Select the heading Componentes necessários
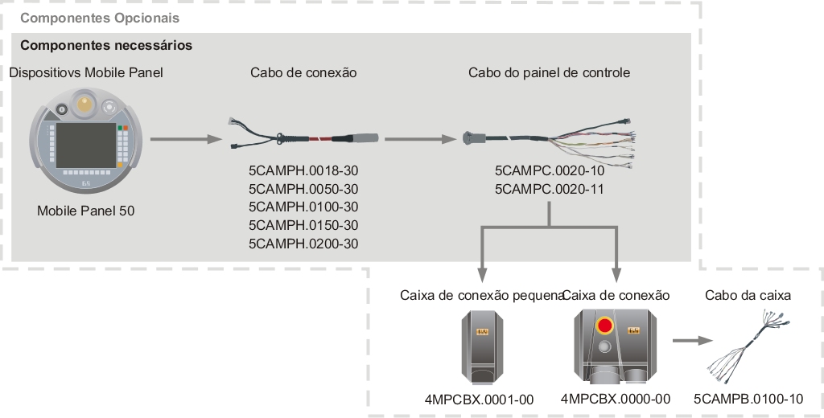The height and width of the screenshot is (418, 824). [x=105, y=46]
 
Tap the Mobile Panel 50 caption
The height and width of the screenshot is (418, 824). [x=86, y=211]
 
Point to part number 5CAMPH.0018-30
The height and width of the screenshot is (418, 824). [x=303, y=171]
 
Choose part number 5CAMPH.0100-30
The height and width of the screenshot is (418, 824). [x=303, y=207]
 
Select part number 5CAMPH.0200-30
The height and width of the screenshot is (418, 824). [x=303, y=244]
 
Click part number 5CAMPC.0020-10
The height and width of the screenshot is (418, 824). [x=549, y=171]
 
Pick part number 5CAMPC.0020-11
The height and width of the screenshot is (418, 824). [x=549, y=189]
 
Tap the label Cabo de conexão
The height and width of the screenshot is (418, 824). [x=303, y=72]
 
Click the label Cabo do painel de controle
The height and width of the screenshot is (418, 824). [x=549, y=72]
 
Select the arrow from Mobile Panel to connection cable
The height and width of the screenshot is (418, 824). [x=186, y=139]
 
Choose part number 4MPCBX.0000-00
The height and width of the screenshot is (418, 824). [x=616, y=399]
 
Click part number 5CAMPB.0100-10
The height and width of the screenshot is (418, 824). [x=748, y=399]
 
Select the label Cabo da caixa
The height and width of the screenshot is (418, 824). [x=748, y=295]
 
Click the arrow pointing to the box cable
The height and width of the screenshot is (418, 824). [x=686, y=339]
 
